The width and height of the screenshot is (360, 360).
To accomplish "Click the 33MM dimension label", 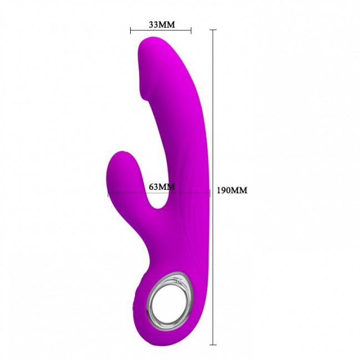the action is coord(162,24).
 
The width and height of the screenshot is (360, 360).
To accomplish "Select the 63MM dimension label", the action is coord(162,187).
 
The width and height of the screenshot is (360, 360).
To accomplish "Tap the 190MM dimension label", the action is coord(232,190).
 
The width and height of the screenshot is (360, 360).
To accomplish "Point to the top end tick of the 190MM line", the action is coord(213,30).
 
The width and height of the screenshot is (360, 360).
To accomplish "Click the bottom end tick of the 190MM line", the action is coord(213,345).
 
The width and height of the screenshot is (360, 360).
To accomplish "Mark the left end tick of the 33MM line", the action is coord(130,30).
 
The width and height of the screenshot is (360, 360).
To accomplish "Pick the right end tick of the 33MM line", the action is coord(191,30).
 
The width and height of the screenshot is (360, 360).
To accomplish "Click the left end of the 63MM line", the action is coord(108,193).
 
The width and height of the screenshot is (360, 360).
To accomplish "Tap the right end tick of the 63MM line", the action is coord(210,193).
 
